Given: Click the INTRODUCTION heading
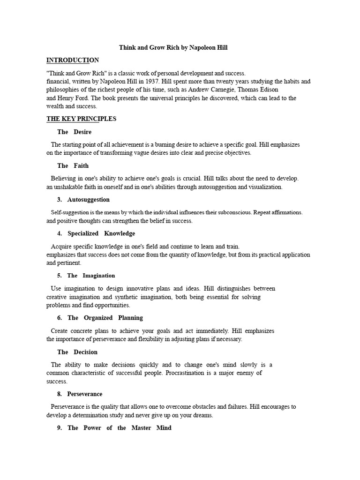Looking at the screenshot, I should [x=73, y=60].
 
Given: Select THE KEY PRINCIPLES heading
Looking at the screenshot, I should [x=81, y=119].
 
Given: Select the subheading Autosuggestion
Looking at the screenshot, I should [x=89, y=200].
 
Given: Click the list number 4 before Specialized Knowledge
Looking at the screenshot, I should [x=60, y=233].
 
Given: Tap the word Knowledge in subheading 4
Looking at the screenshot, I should [x=120, y=233].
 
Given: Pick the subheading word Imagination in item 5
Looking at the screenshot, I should [x=99, y=276].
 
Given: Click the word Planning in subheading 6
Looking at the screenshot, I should [x=130, y=318].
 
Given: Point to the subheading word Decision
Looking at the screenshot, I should [x=86, y=352].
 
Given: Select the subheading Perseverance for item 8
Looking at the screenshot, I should [x=85, y=394].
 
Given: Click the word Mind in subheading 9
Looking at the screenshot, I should [x=164, y=428].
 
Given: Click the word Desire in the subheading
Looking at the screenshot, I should [x=82, y=132].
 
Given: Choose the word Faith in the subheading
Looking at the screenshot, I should [x=81, y=166].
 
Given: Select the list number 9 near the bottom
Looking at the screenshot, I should [x=60, y=428].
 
